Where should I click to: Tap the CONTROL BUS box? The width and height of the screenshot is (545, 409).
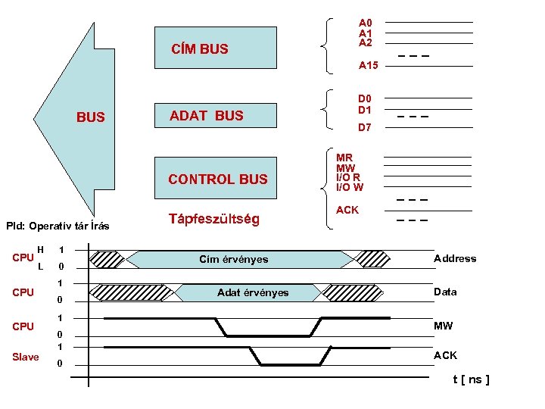(217, 180)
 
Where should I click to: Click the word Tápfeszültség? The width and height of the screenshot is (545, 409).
(213, 220)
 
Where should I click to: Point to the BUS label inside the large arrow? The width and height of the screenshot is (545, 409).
(91, 118)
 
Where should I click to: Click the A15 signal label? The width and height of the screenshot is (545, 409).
(368, 66)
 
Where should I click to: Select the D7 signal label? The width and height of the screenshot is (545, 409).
(365, 128)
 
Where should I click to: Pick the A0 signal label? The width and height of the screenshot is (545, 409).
(365, 23)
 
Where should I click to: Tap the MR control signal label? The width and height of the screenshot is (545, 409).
(344, 158)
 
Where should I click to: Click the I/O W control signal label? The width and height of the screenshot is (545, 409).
(350, 187)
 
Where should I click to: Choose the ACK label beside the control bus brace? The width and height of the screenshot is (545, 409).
(347, 210)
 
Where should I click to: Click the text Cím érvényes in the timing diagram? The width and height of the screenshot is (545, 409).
(234, 260)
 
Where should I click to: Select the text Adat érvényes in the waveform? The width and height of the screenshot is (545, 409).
(252, 292)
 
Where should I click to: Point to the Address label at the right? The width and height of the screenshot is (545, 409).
(455, 259)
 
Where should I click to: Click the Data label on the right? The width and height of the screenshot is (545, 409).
(445, 292)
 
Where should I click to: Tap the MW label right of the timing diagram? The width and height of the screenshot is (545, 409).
(443, 326)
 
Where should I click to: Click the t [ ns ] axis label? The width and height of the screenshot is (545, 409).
(471, 379)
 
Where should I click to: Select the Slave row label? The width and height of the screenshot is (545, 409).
(26, 357)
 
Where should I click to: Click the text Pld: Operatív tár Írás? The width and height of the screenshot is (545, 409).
(58, 226)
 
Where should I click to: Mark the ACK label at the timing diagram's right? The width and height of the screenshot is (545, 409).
(445, 355)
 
